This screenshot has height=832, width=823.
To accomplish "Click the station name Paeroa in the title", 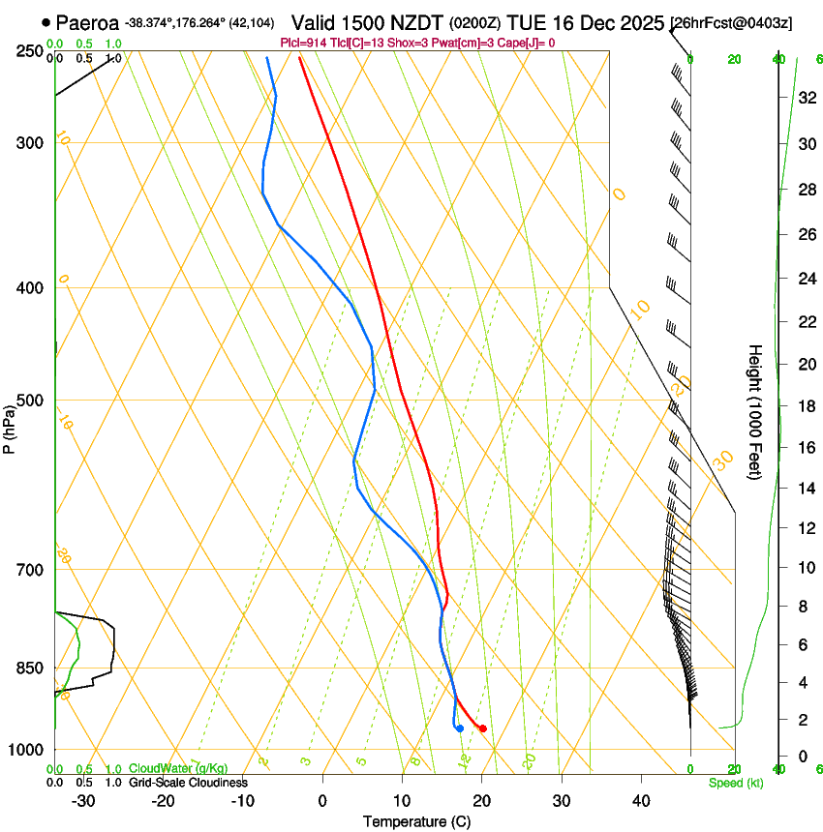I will pyautogui.click(x=87, y=22).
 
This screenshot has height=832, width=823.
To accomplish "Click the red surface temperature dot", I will pyautogui.click(x=482, y=728).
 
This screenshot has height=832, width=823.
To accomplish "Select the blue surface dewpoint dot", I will pyautogui.click(x=459, y=728).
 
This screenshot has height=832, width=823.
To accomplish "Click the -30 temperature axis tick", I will pyautogui.click(x=83, y=801).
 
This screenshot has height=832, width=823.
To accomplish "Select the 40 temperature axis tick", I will pyautogui.click(x=640, y=801).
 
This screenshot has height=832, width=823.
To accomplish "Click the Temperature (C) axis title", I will pyautogui.click(x=416, y=821).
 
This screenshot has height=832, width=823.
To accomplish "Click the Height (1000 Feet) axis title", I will pyautogui.click(x=756, y=411).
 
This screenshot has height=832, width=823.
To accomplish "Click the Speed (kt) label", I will pyautogui.click(x=735, y=783).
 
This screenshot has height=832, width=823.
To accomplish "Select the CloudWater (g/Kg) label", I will pyautogui.click(x=178, y=769).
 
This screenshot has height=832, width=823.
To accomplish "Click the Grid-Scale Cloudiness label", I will pyautogui.click(x=188, y=783).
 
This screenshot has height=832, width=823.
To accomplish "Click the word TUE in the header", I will pyautogui.click(x=540, y=22).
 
